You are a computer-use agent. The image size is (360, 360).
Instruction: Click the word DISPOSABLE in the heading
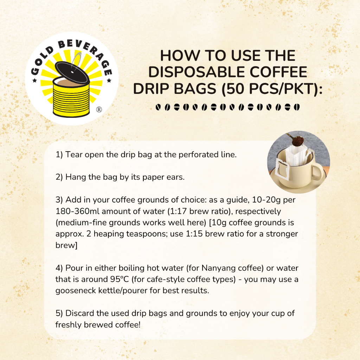coord(197,72)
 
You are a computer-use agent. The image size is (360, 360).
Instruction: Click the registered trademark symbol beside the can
coord(99,110)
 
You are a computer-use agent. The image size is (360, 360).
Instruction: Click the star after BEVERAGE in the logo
coord(109,81)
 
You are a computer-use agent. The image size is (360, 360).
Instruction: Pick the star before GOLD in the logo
coord(35,81)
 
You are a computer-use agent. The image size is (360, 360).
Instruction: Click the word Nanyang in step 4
coord(219,268)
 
